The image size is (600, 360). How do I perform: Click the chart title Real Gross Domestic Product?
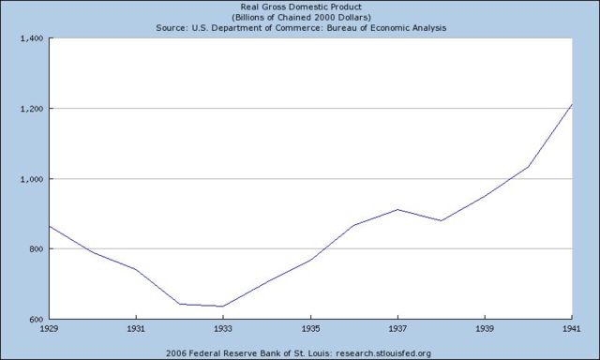(300, 6)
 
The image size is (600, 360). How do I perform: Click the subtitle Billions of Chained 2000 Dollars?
(300, 17)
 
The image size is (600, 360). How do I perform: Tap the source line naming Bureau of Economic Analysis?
(300, 28)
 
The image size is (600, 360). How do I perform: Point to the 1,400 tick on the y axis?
(31, 38)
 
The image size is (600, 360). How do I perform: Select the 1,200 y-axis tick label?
(31, 109)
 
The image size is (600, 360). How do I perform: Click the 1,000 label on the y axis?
(31, 179)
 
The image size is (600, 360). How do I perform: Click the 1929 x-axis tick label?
(50, 330)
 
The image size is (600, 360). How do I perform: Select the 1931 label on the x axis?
(137, 330)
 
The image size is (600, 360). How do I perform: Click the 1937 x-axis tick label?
(398, 330)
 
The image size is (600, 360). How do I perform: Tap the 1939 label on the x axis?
(486, 330)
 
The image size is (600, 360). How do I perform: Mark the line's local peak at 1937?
(398, 209)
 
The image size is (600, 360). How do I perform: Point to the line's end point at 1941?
(572, 104)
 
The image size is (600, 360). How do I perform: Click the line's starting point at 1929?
(50, 226)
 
